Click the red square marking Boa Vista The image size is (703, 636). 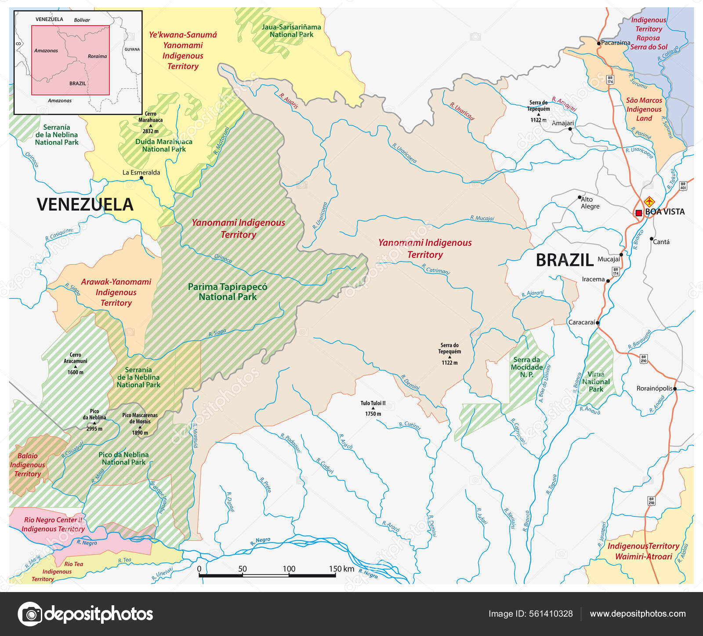coord(638,213)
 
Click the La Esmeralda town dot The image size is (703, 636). coord(141,178)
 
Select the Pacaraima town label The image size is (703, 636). coord(615,43)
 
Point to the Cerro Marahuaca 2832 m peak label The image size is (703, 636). coord(150,123)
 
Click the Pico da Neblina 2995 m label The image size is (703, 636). coord(94,420)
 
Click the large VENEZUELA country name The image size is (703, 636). coord(85,205)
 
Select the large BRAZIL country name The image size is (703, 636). coord(565,260)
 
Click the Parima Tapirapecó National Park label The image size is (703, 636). coord(228,292)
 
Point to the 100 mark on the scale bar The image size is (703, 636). coord(289,569)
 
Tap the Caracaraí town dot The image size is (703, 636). coord(598,323)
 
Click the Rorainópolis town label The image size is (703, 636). coord(654,388)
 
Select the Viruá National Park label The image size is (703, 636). coord(596,382)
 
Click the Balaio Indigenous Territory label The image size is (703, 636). coord(27,465)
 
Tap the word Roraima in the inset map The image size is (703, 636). coord(97,56)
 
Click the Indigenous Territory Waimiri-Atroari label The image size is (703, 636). coord(643,551)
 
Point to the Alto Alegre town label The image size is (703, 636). coord(590,203)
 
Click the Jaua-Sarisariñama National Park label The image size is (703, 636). coord(291,31)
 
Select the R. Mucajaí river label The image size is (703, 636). coord(482,218)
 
